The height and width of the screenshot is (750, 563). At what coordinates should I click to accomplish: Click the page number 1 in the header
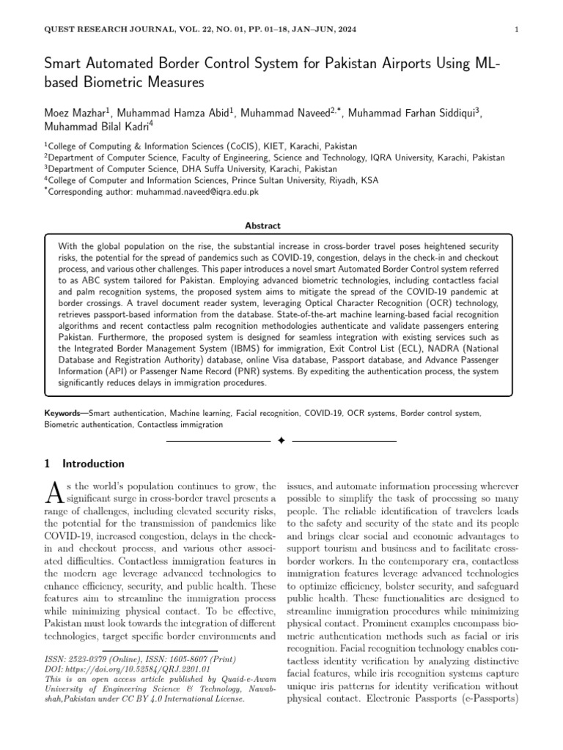coord(518,29)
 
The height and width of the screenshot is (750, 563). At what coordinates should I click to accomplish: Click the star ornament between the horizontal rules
coord(281,442)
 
